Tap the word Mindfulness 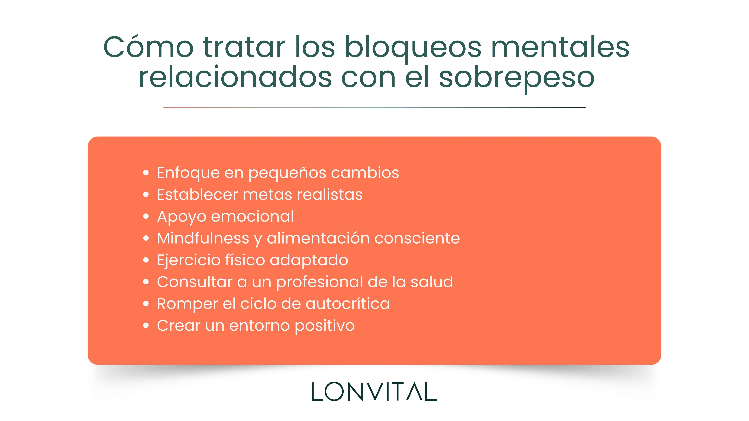[203, 238]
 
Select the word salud [432, 282]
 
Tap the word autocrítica [347, 304]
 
